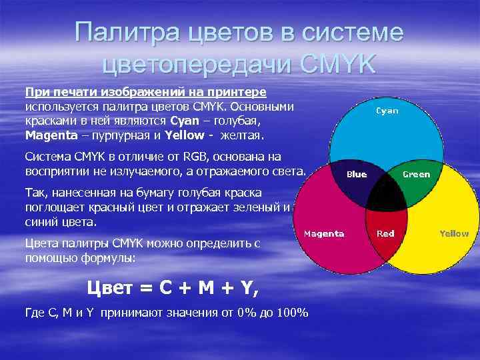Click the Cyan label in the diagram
pyautogui.click(x=387, y=111)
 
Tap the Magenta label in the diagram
pyautogui.click(x=324, y=233)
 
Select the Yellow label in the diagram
pyautogui.click(x=454, y=233)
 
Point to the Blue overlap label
pyautogui.click(x=357, y=174)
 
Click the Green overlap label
pyautogui.click(x=417, y=174)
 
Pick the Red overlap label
pyautogui.click(x=385, y=233)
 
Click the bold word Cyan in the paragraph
pyautogui.click(x=184, y=121)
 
